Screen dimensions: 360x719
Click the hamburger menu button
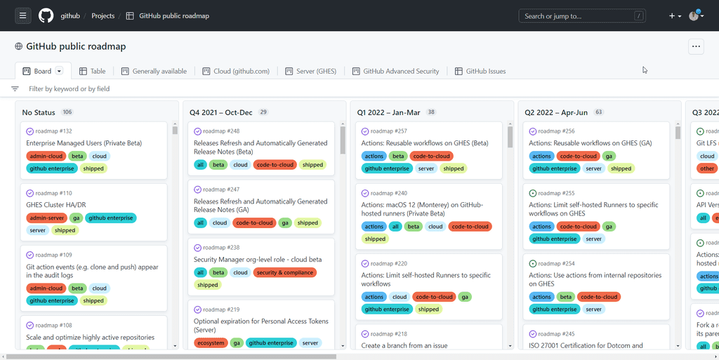[x=23, y=15]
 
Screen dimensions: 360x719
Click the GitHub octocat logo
[x=46, y=15]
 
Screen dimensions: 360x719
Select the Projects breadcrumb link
[x=103, y=15]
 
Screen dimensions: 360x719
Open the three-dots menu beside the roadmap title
[x=696, y=46]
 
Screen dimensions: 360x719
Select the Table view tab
[x=92, y=71]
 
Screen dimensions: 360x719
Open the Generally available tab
[x=154, y=71]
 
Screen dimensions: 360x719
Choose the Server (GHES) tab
[x=310, y=71]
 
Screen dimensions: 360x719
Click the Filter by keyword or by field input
[x=69, y=89]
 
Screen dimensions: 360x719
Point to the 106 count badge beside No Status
[x=67, y=112]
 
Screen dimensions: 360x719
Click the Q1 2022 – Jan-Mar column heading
[x=388, y=112]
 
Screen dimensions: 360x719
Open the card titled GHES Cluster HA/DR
[x=56, y=205]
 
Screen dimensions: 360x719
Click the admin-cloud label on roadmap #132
[x=46, y=156]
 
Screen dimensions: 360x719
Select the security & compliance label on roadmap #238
[x=285, y=272]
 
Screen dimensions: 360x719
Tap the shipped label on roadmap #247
[x=308, y=223]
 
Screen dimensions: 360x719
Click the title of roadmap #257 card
[x=425, y=143]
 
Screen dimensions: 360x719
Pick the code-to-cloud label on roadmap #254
[x=600, y=297]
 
